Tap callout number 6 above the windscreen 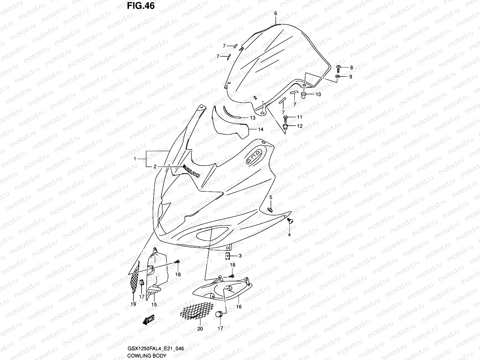[x=276, y=13]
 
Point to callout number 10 [x=318, y=94]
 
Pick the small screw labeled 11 [x=286, y=117]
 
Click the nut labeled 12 [x=286, y=126]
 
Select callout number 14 [x=261, y=130]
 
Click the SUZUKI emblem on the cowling [x=191, y=171]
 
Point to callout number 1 [x=135, y=159]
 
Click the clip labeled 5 [x=270, y=208]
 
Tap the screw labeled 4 [x=290, y=221]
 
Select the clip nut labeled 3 [x=228, y=256]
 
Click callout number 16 [x=239, y=307]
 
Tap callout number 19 [x=133, y=304]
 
